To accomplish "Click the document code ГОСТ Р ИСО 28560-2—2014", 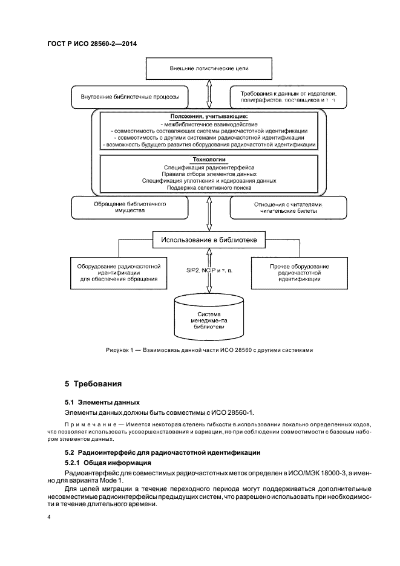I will [x=90, y=45].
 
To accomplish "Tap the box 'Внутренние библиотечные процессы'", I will [x=130, y=97].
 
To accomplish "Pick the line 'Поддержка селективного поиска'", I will [x=209, y=189].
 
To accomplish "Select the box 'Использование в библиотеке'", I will [x=209, y=240].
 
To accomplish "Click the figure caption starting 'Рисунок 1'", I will [x=209, y=350].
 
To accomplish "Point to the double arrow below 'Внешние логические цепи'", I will [x=209, y=93].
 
